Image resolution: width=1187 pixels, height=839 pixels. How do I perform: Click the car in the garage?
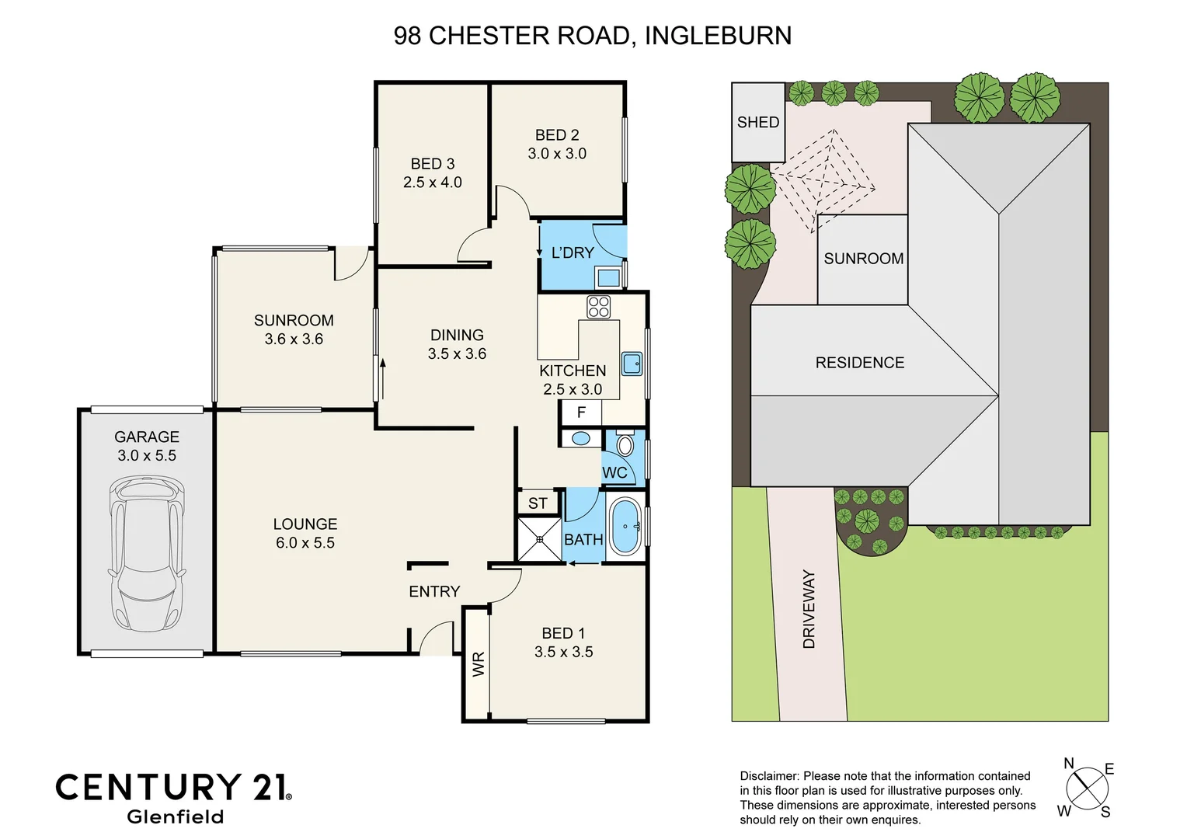click(147, 554)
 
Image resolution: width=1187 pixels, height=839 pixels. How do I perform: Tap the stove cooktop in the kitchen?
click(598, 307)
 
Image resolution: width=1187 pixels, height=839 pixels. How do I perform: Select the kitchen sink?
click(632, 364)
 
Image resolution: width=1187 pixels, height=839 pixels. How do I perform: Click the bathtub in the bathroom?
click(625, 527)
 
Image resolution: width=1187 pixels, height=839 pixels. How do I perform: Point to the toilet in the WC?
click(625, 445)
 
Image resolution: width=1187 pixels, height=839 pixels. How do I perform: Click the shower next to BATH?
click(539, 538)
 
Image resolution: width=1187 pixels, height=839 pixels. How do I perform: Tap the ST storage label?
click(538, 503)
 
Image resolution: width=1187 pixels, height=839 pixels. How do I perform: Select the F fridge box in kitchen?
click(580, 413)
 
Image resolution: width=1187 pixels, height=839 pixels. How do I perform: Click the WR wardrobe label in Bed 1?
click(478, 664)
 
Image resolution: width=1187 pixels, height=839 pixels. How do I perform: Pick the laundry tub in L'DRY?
click(607, 277)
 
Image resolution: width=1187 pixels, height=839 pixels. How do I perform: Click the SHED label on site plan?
click(757, 122)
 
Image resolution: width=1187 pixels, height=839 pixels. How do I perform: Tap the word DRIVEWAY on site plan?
click(809, 609)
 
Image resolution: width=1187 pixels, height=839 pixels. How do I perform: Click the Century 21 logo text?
click(173, 787)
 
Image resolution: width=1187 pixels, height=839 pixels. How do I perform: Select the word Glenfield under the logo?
click(175, 816)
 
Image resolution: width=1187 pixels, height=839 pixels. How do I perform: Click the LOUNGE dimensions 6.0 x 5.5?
click(305, 543)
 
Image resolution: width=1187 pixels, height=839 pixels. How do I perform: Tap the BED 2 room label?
click(557, 135)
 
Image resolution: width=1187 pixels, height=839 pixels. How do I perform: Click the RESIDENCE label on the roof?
click(859, 362)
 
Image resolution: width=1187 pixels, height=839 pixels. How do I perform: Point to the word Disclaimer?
click(768, 776)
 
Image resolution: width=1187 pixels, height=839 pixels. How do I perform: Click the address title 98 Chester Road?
click(592, 36)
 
